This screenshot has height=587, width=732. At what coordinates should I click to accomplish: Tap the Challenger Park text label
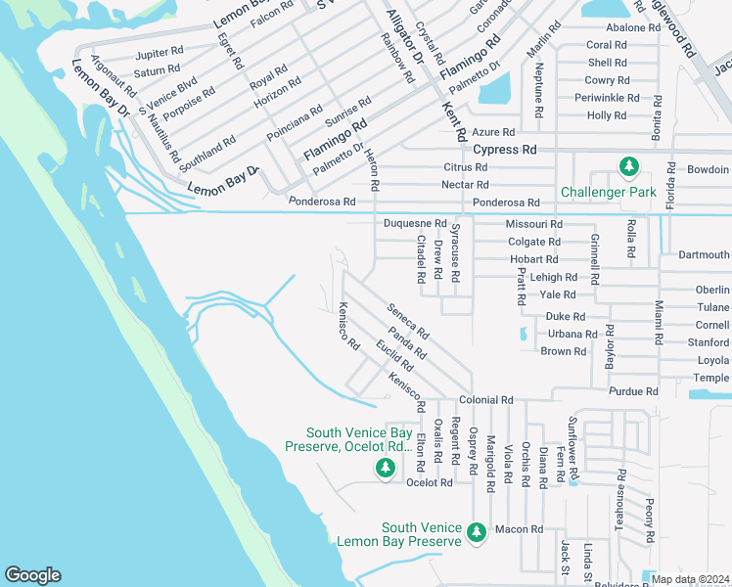[608, 192]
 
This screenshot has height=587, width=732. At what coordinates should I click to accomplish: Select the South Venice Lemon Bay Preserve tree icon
[477, 533]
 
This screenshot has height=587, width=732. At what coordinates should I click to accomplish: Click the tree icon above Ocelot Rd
[386, 469]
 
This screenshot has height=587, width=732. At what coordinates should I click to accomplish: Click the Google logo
[32, 575]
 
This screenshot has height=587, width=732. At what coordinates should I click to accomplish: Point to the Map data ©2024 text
[690, 579]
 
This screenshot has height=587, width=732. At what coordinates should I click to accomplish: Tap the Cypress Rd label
[505, 150]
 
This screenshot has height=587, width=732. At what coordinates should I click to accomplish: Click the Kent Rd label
[450, 118]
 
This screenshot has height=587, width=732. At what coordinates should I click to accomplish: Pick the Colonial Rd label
[486, 400]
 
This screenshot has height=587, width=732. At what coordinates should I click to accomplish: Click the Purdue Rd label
[632, 391]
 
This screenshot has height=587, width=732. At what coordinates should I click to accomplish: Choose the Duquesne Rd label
[414, 223]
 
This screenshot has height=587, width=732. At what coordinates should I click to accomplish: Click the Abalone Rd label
[633, 27]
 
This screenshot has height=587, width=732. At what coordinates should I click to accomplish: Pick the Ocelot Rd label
[430, 482]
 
